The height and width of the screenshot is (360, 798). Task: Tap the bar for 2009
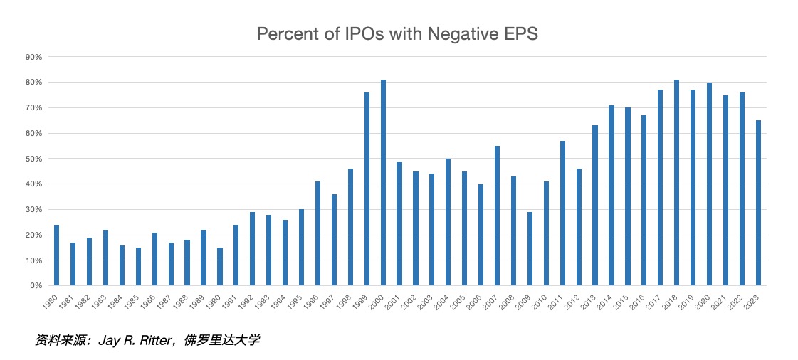click(530, 249)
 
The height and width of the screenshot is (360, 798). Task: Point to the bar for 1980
click(56, 255)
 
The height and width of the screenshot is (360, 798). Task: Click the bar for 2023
click(758, 203)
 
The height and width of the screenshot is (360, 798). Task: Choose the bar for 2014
click(611, 196)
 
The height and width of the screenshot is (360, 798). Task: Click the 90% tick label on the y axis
click(35, 57)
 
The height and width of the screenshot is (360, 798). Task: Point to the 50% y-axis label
click(35, 159)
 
